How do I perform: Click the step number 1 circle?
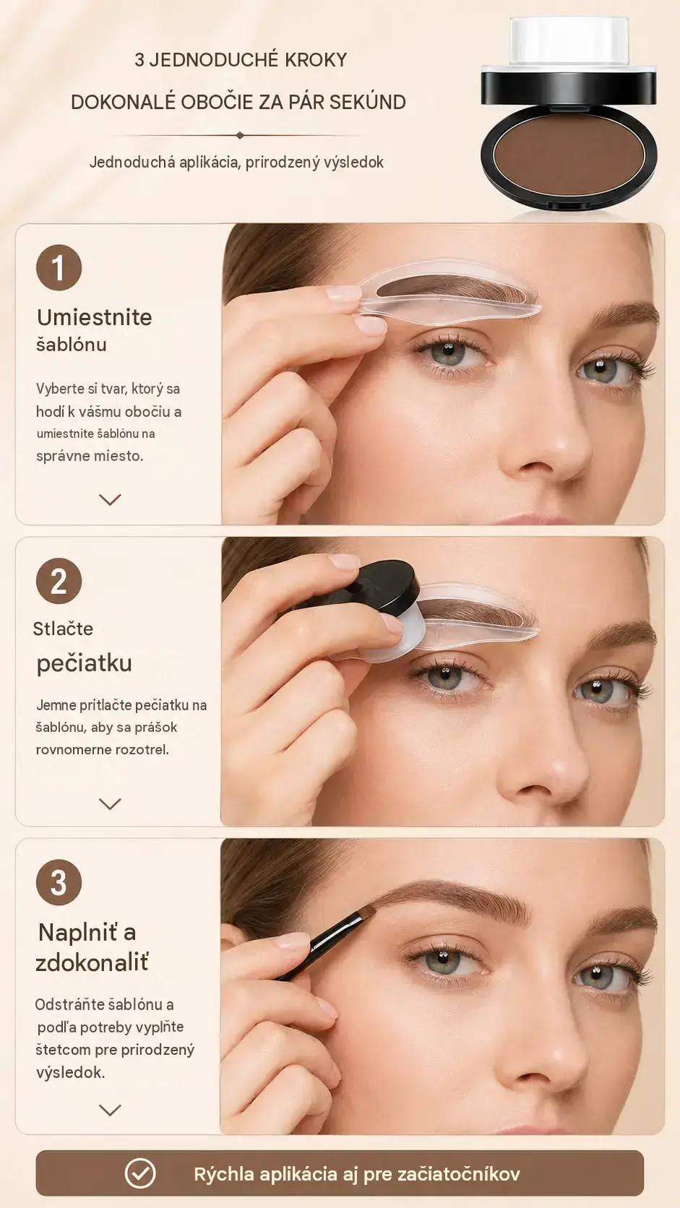(59, 267)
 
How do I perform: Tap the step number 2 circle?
(59, 581)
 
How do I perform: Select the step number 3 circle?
(59, 882)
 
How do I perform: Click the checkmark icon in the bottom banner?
(140, 1173)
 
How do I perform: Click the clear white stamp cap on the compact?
(569, 41)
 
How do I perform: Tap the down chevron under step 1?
(110, 500)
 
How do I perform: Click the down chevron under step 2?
(110, 804)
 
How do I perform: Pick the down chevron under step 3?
(110, 1110)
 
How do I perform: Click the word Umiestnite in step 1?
(95, 317)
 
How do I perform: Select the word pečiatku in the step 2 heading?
(84, 663)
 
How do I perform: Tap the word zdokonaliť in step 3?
(92, 962)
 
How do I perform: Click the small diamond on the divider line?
(240, 135)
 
